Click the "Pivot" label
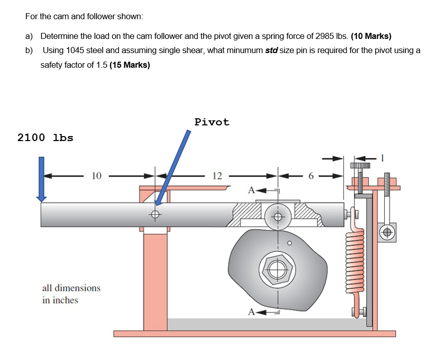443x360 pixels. point(212,122)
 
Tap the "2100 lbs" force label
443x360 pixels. point(45,138)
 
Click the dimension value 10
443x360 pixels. point(97,176)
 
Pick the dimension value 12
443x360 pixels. point(217,176)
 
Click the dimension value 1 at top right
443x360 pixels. point(383,158)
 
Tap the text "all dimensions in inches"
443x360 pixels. point(71,294)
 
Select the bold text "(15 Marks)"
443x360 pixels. point(129,65)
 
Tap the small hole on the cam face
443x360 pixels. point(289,243)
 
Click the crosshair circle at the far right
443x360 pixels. point(388,232)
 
